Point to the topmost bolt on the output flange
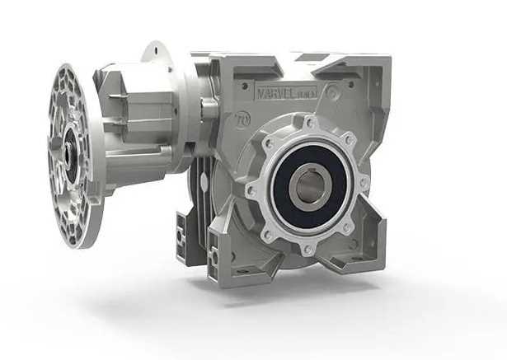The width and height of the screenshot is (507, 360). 310,124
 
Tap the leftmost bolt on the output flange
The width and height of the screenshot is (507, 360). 251,190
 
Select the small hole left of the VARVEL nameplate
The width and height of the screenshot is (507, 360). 244,85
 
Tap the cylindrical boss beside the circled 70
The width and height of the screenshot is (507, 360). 209,107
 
